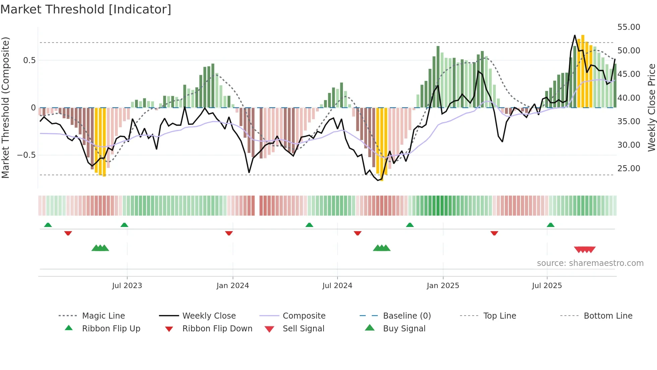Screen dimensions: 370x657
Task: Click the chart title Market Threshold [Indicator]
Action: (86, 9)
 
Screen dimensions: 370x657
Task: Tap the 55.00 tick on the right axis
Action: (629, 27)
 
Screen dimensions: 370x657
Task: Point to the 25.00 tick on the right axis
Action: (629, 169)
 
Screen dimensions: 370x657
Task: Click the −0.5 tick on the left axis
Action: (26, 155)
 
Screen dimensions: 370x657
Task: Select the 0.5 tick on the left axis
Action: (29, 60)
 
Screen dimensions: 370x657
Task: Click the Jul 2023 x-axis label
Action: (127, 286)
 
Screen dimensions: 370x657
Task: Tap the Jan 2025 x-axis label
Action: (443, 286)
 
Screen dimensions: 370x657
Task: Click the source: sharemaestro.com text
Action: (590, 263)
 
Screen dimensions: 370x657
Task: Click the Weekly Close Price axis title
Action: (651, 107)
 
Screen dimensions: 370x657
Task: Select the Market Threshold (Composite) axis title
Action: (5, 107)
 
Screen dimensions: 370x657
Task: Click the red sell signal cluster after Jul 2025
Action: (585, 249)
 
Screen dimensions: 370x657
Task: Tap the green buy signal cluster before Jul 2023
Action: (100, 248)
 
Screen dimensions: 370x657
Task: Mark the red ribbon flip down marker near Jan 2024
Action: (229, 233)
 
